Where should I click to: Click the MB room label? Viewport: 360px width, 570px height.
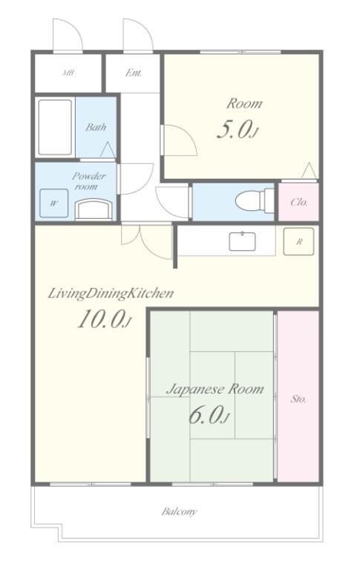(x=68, y=73)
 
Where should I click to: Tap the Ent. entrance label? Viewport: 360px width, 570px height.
(x=134, y=73)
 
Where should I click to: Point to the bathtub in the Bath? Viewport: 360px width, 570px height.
(x=55, y=127)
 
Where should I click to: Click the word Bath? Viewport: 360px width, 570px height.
(x=96, y=127)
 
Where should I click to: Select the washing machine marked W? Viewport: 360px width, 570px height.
(x=54, y=203)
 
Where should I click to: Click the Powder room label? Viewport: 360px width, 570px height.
(x=89, y=181)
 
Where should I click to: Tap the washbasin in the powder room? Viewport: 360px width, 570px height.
(x=94, y=209)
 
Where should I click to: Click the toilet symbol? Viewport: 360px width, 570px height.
(x=255, y=200)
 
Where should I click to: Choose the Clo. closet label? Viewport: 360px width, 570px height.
(x=299, y=202)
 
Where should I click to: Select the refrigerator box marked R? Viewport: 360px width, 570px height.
(x=298, y=241)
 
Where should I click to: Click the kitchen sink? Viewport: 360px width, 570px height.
(x=242, y=241)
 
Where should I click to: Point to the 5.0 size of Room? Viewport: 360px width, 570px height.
(x=238, y=130)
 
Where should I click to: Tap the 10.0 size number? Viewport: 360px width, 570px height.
(x=104, y=319)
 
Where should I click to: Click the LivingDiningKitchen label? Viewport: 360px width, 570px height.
(x=111, y=293)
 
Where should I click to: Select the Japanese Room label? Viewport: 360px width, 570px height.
(x=215, y=390)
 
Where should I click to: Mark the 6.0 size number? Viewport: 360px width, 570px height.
(x=209, y=415)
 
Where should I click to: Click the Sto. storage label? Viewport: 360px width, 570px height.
(x=298, y=399)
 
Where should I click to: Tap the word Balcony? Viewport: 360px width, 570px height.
(x=179, y=512)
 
